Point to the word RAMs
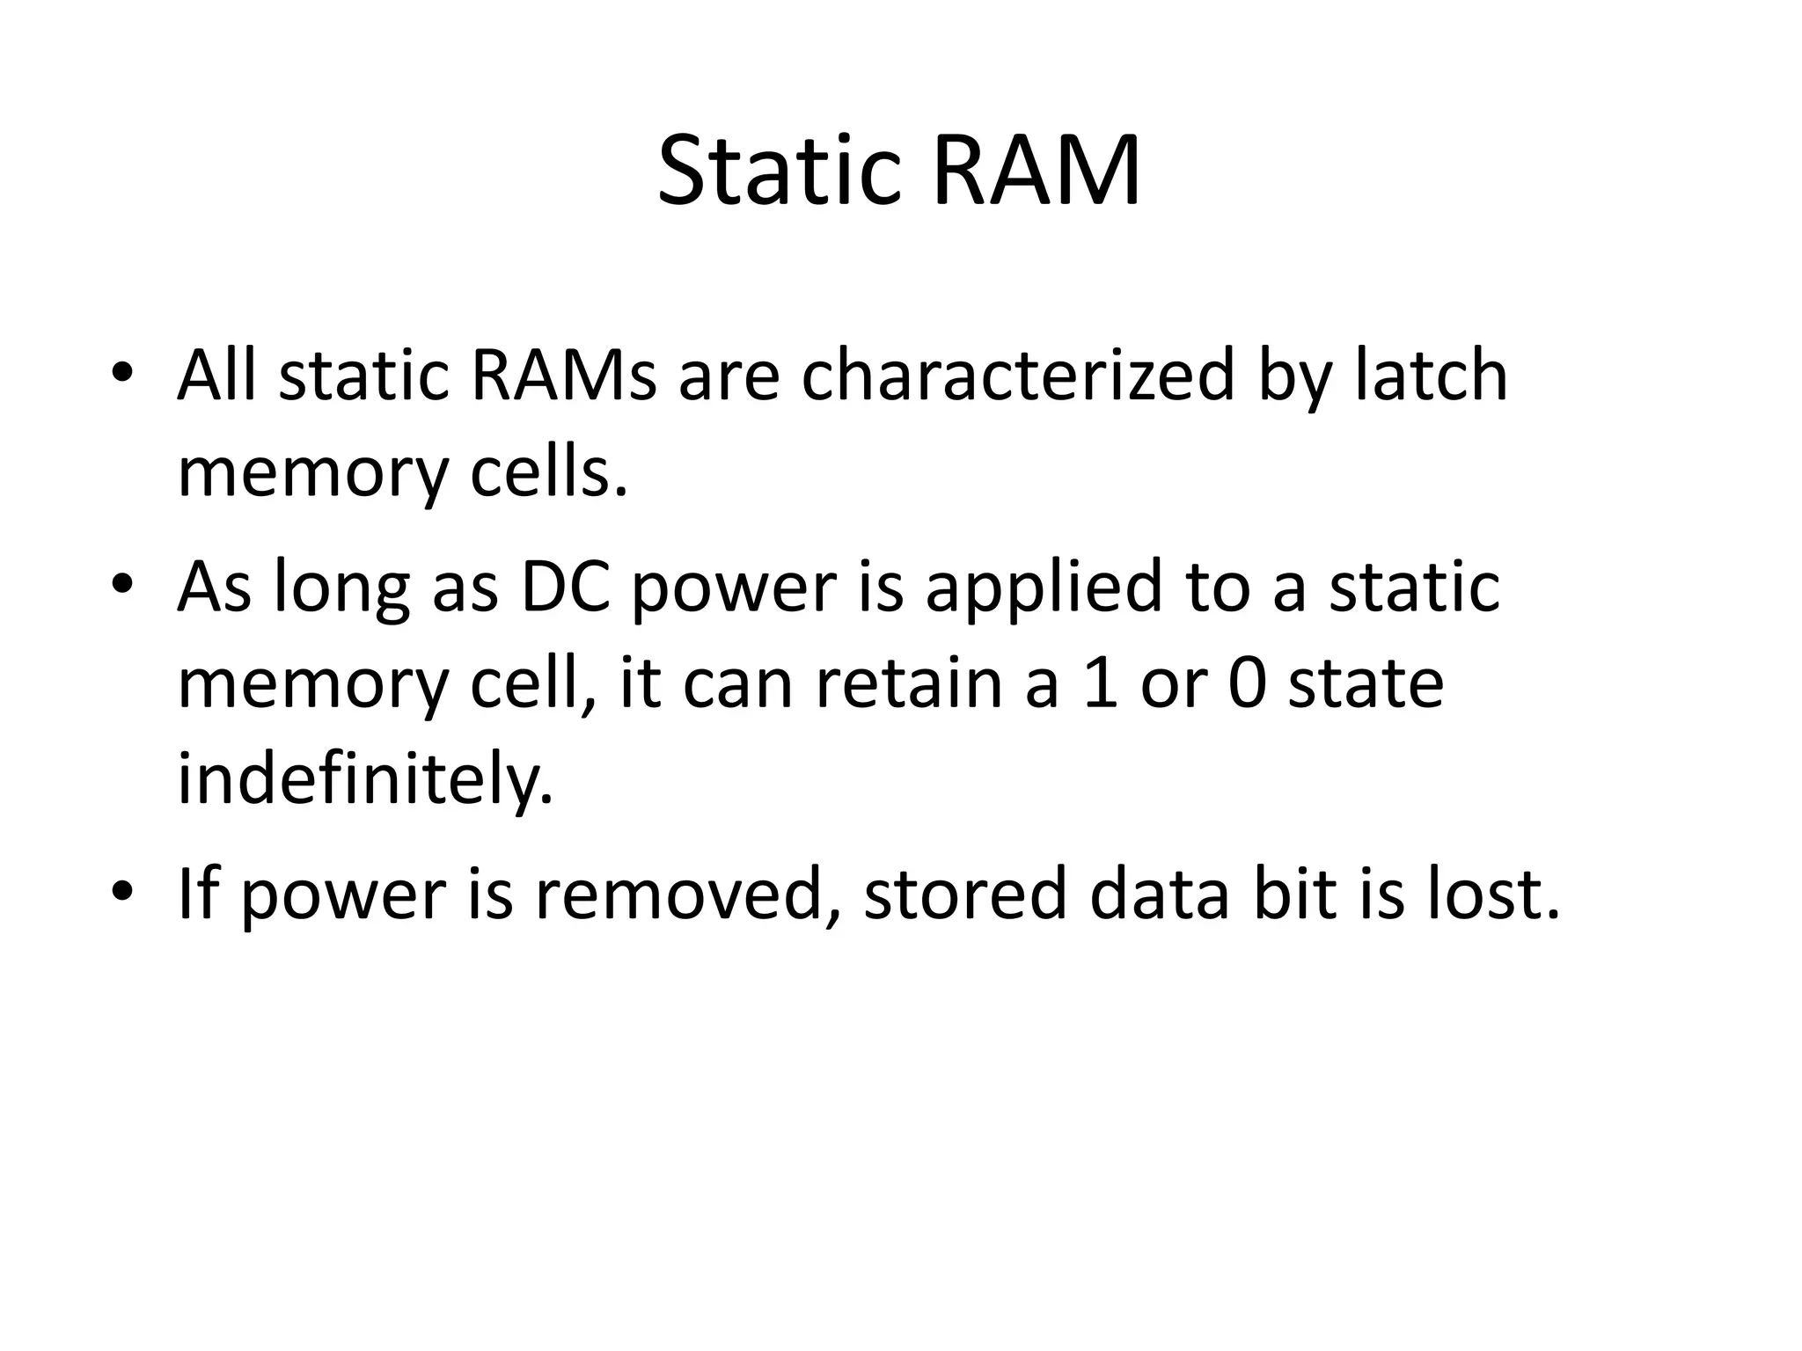coord(564,376)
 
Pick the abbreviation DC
coord(566,587)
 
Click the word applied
coord(1044,587)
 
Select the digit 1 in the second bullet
coord(1100,683)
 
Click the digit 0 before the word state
coord(1247,683)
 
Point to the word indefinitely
coord(365,780)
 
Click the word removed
coord(686,895)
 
